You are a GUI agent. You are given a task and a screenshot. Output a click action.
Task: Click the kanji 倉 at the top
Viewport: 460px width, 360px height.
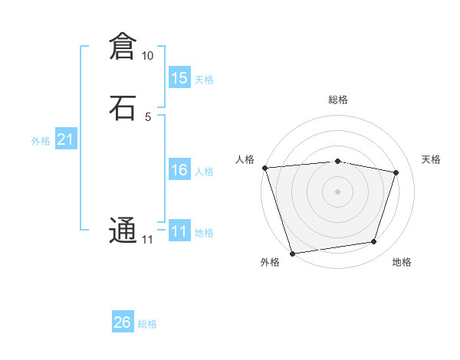pos(123,47)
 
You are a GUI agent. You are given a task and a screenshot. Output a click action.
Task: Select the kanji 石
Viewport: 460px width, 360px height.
pos(123,107)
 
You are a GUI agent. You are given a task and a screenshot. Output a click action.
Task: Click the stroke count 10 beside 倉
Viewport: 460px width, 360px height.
pos(147,56)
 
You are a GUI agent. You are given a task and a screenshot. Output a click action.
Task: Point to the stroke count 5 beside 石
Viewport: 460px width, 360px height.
pos(147,116)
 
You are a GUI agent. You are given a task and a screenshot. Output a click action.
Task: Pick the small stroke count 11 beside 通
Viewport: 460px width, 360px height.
pos(147,240)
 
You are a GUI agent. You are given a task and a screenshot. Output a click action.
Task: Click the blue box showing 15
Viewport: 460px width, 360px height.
pos(179,78)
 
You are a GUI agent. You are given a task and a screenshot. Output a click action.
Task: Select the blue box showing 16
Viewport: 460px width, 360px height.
pos(179,170)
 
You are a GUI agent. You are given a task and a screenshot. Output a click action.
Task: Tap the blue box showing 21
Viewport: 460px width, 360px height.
pos(65,139)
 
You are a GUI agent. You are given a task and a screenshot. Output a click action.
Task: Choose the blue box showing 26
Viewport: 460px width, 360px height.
pos(123,322)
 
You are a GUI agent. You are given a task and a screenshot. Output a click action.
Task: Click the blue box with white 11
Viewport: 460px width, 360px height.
pos(179,231)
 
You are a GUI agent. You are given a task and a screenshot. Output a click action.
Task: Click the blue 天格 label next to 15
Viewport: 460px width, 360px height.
pos(204,80)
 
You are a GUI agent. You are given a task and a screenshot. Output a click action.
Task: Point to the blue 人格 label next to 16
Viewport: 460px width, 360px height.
pos(204,172)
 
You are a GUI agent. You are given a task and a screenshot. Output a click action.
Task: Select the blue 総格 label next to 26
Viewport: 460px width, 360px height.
pos(147,324)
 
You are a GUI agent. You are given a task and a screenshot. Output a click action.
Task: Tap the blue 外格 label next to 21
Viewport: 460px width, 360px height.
pos(41,141)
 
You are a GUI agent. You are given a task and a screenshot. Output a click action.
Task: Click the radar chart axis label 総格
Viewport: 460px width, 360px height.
pos(337,100)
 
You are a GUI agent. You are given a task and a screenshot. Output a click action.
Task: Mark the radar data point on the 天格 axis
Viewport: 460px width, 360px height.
pos(396,172)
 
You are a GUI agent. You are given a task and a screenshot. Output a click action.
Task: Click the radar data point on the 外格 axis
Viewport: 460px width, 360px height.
pos(292,253)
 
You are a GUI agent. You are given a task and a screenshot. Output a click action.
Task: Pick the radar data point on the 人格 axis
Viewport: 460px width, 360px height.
pos(264,168)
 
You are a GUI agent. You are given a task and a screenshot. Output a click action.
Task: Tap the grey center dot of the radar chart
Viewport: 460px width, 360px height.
pos(337,191)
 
